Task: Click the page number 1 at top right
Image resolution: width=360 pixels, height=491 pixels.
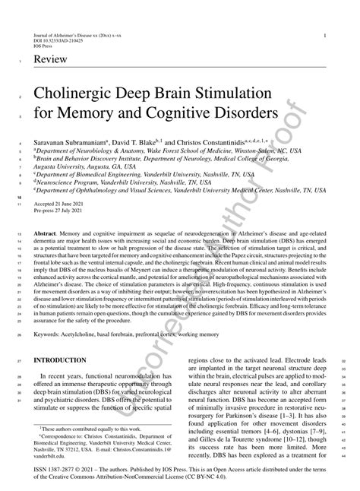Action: point(324,36)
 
